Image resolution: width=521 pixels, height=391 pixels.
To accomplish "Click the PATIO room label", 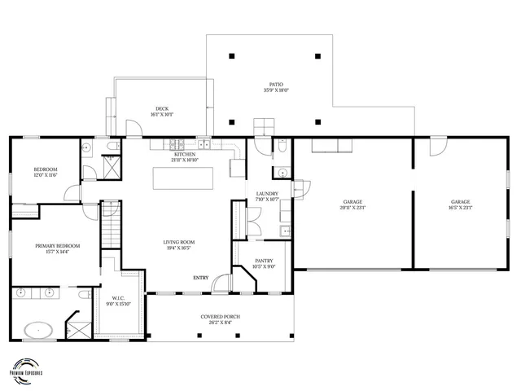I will tap(277, 87).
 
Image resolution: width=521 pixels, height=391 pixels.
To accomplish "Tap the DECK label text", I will tap(163, 112).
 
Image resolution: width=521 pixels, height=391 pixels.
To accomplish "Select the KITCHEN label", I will tap(186, 156).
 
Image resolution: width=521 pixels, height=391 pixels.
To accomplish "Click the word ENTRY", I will tap(200, 278).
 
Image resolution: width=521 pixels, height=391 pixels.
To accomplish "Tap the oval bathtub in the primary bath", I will tap(38, 331).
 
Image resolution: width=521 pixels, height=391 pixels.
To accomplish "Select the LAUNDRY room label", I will tap(267, 196).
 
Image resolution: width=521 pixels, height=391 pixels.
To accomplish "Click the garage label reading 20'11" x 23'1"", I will tap(352, 204).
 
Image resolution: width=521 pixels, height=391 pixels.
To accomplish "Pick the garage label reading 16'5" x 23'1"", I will tap(462, 204).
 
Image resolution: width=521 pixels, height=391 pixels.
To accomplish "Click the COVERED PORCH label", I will tap(220, 319).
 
